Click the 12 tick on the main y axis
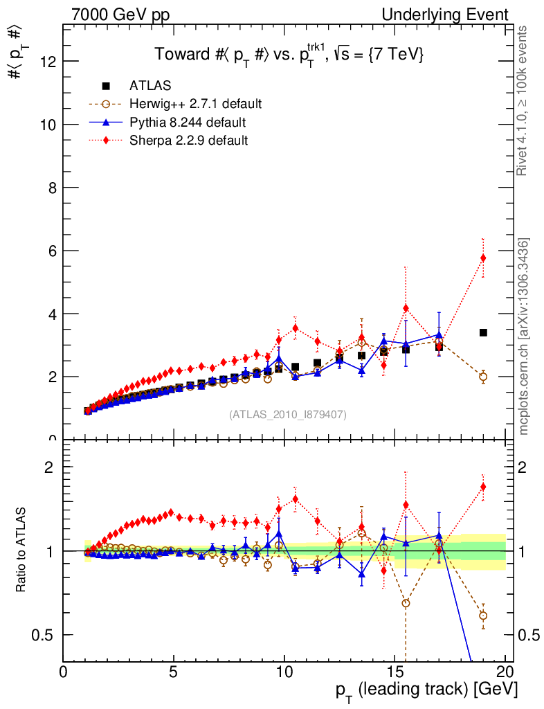[x=48, y=62]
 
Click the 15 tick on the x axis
[x=395, y=672]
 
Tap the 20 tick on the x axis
[x=505, y=672]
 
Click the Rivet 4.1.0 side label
[x=525, y=101]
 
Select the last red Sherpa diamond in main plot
[x=483, y=258]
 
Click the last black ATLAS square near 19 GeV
[x=483, y=333]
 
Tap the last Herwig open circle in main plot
[x=483, y=377]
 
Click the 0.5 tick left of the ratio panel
[x=48, y=635]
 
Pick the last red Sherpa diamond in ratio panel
[x=483, y=487]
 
